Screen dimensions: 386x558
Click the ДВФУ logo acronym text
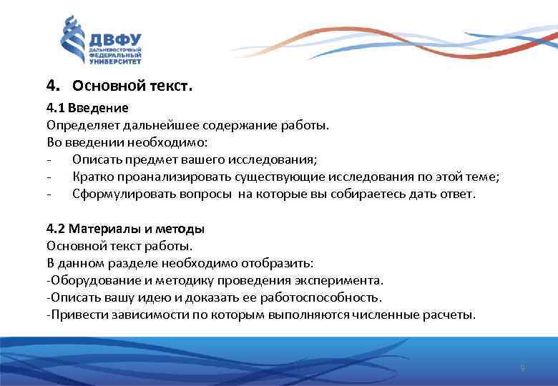(114, 39)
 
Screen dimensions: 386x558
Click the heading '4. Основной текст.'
(119, 86)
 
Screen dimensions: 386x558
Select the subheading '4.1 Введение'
(87, 109)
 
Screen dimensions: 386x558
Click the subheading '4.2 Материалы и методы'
(125, 229)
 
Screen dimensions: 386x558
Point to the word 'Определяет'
(77, 125)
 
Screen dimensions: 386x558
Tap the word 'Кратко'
(91, 177)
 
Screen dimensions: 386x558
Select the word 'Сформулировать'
(117, 194)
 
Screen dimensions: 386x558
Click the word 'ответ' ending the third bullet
(456, 194)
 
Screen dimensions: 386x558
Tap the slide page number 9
(522, 368)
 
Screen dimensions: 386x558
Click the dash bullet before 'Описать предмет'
(48, 159)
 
